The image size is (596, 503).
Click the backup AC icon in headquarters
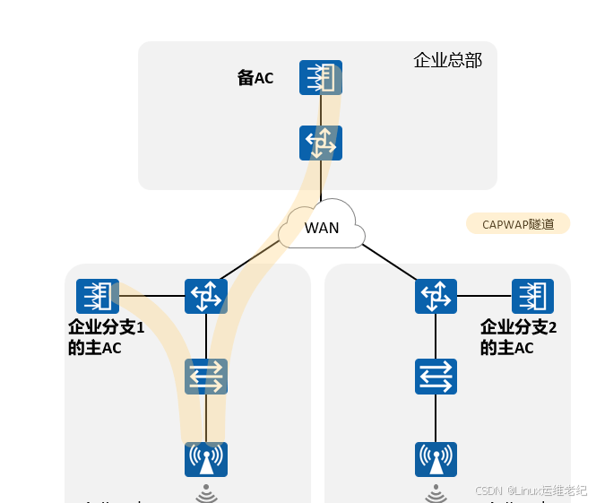pos(321,77)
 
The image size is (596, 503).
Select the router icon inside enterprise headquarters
pos(321,143)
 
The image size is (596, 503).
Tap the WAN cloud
pos(321,227)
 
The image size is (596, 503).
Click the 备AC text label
pos(255,78)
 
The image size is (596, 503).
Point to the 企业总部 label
pos(447,60)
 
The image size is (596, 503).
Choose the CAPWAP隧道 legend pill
pos(517,223)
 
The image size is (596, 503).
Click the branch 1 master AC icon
pos(98,296)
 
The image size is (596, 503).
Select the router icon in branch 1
pos(206,296)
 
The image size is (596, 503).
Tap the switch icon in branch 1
pos(206,377)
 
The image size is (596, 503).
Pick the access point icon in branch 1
pos(206,459)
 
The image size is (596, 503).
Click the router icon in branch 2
pos(436,296)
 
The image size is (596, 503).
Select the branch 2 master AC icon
pos(532,296)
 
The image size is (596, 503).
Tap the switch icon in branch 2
pos(436,377)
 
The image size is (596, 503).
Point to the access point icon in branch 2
pos(436,459)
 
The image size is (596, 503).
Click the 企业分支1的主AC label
pos(106,337)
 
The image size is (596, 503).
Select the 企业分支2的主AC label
pos(518,337)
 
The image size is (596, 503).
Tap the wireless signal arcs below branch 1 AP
pos(206,492)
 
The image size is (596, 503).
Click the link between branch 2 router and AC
pos(484,296)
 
